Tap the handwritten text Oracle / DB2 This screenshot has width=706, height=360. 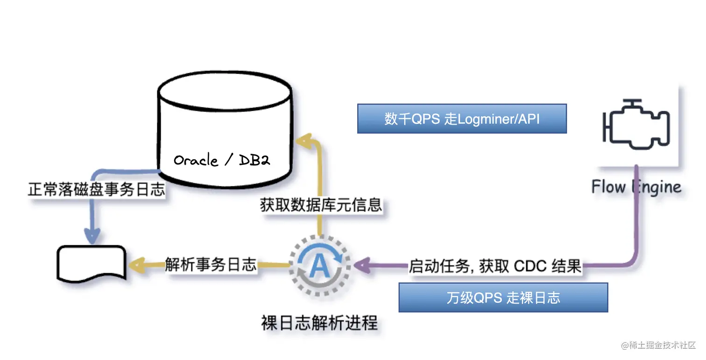pos(222,161)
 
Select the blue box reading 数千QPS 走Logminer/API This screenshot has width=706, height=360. pos(462,119)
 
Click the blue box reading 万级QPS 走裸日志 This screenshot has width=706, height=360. pos(503,297)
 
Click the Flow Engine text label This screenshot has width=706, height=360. pos(636,187)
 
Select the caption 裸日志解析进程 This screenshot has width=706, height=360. pos(319,323)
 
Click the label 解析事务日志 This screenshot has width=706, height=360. pos(211,265)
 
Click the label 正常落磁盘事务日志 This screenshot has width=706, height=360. pos(97,190)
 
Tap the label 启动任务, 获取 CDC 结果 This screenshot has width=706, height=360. pos(495,266)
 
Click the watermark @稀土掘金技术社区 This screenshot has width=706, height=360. pos(658,346)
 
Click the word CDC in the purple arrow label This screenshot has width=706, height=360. pos(529,266)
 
